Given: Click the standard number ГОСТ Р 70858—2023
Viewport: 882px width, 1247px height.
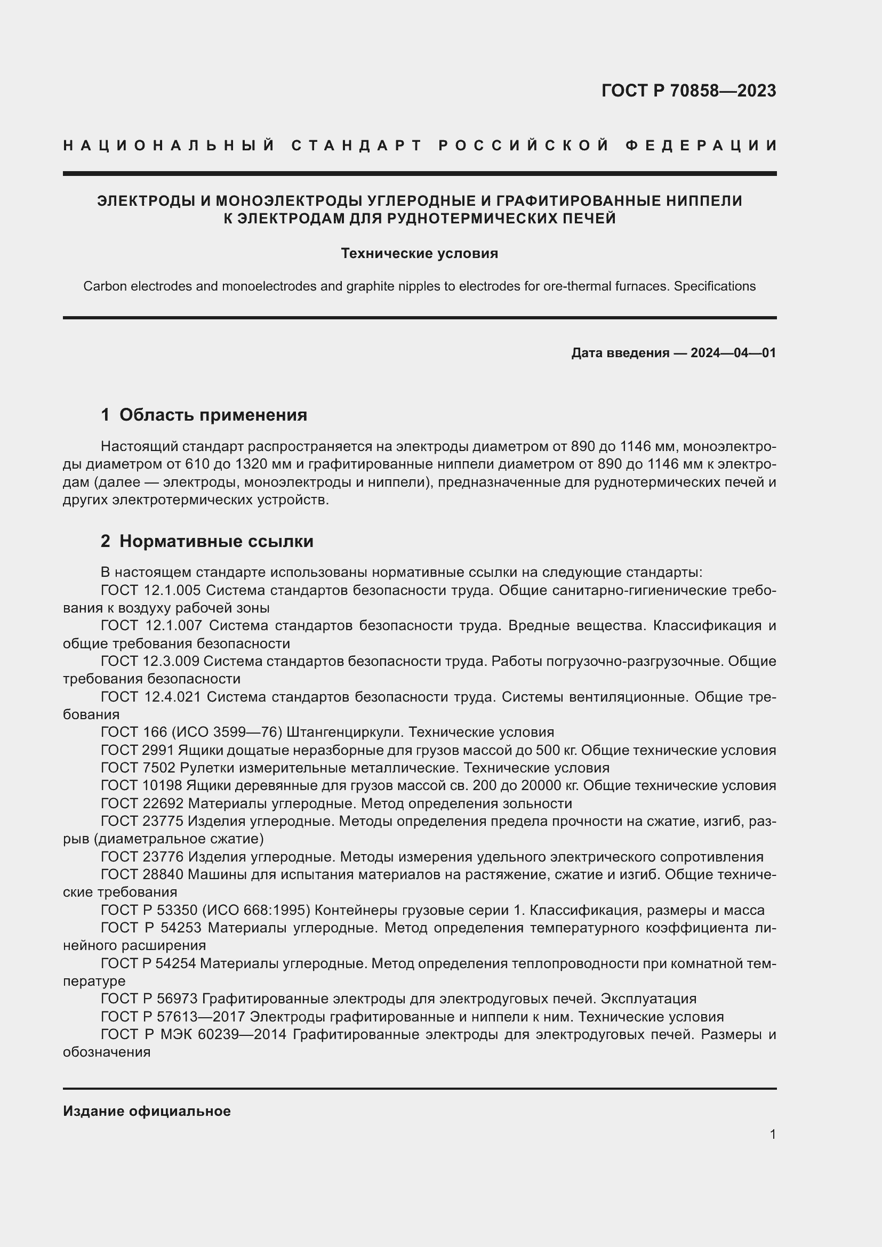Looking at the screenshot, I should pyautogui.click(x=688, y=91).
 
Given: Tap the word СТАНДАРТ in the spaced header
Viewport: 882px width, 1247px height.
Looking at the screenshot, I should pyautogui.click(x=357, y=146).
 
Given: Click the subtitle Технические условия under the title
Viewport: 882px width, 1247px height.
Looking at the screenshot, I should pyautogui.click(x=419, y=254).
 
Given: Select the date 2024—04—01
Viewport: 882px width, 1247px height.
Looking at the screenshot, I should pyautogui.click(x=733, y=353).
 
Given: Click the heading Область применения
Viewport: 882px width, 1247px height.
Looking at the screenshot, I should pyautogui.click(x=213, y=415).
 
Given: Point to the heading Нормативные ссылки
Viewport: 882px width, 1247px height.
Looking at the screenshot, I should pyautogui.click(x=216, y=542).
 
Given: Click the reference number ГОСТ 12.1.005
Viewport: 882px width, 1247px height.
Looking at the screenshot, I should pyautogui.click(x=150, y=590).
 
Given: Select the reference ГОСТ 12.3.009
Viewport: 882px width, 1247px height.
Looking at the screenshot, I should pyautogui.click(x=150, y=662).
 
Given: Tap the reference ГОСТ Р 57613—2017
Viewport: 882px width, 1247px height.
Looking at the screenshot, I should pyautogui.click(x=173, y=1017).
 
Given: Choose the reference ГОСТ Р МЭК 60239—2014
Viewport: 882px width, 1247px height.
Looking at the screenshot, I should pyautogui.click(x=194, y=1035).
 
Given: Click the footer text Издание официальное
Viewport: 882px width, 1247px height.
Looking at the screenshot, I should pyautogui.click(x=147, y=1111).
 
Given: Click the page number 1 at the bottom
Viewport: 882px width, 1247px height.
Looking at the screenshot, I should pyautogui.click(x=772, y=1135).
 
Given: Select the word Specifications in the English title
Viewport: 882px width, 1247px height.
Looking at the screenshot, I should pyautogui.click(x=714, y=286).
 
